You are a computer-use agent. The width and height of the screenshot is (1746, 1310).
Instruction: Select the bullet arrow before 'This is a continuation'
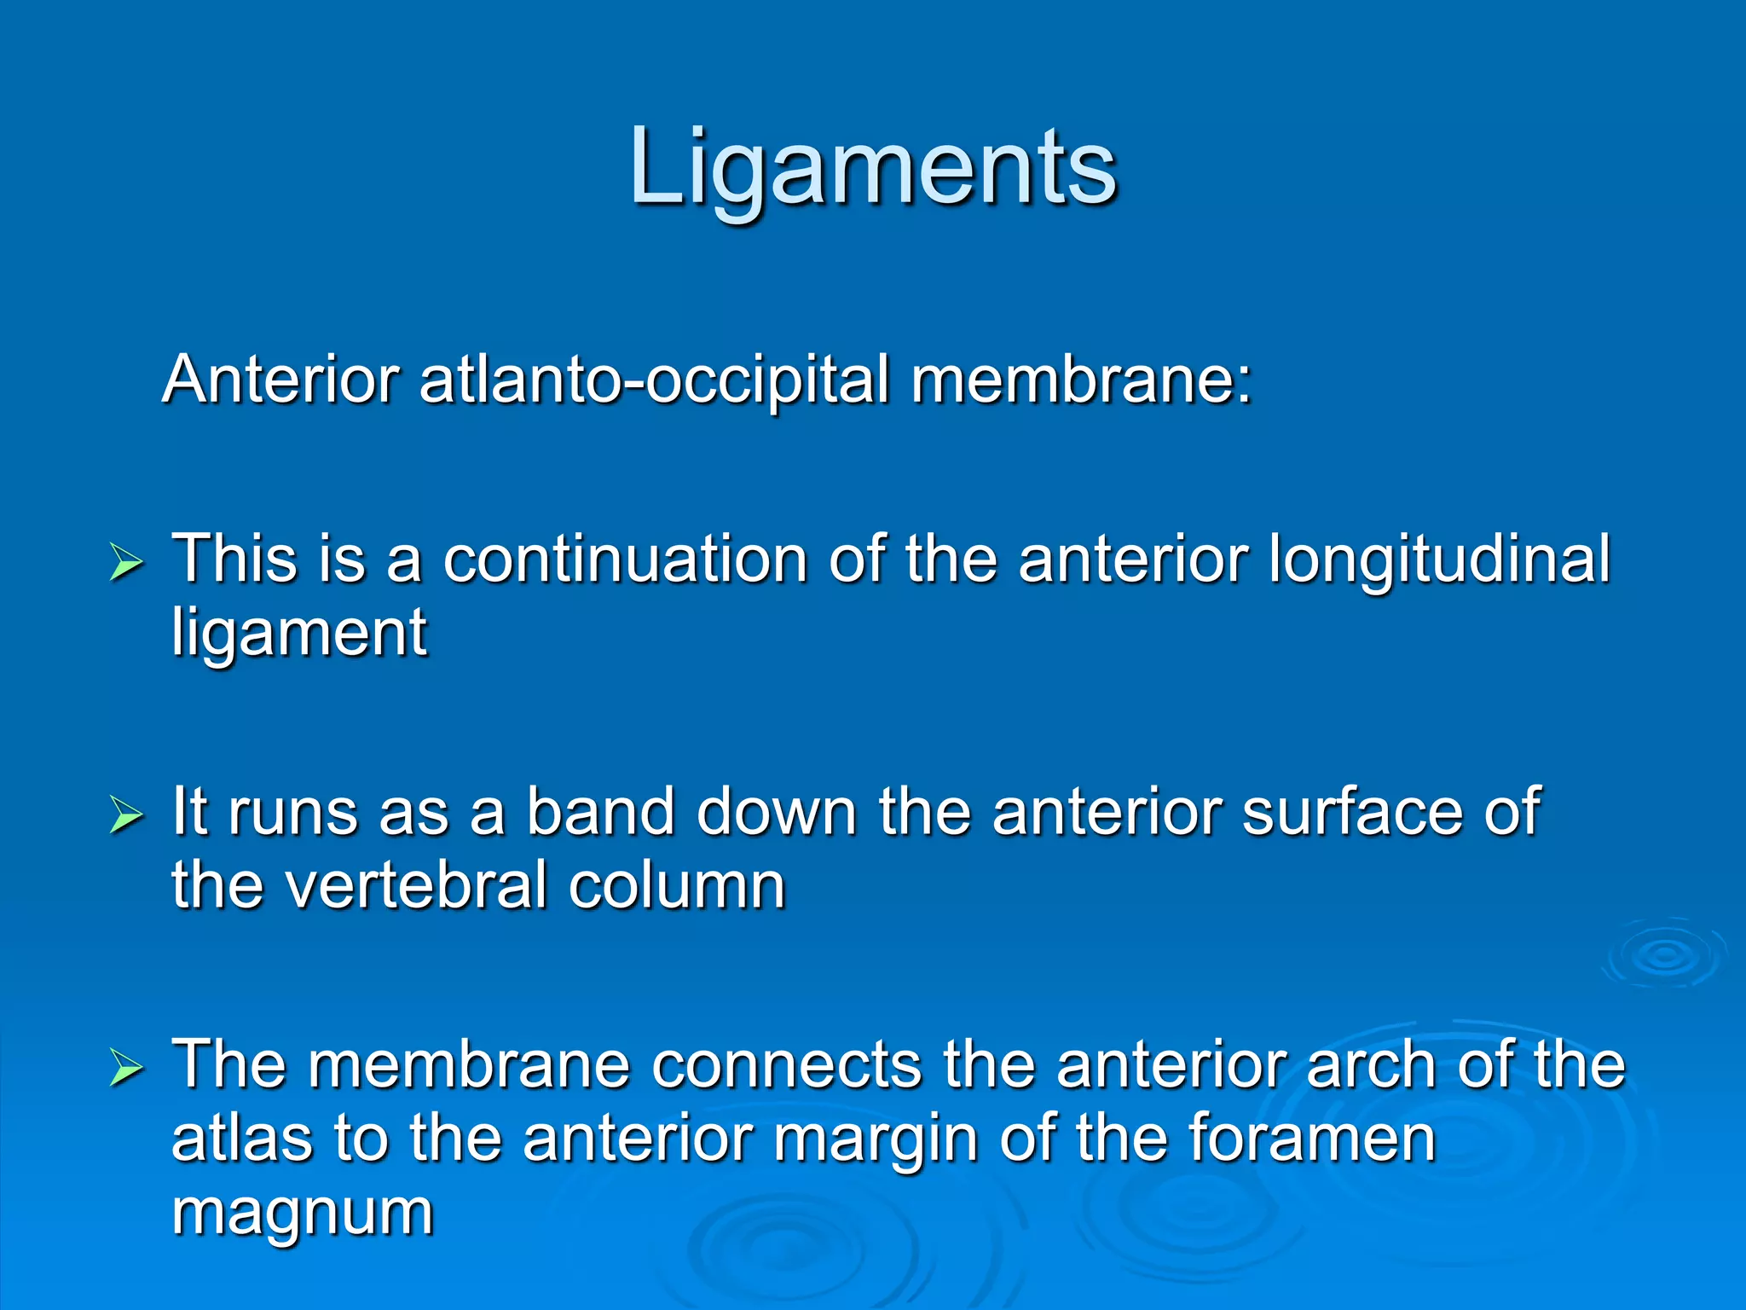[126, 564]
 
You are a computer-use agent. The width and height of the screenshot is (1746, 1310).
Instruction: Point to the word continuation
[624, 559]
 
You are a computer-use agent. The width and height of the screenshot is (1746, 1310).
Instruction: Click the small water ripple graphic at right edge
[1664, 955]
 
